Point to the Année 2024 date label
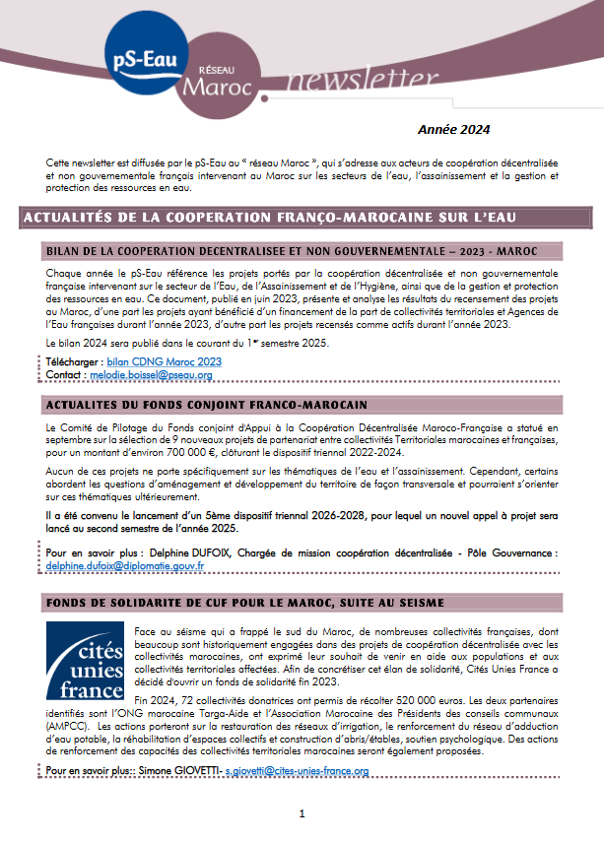point(454,129)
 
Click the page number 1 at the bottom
point(302,813)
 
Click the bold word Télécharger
point(73,361)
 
